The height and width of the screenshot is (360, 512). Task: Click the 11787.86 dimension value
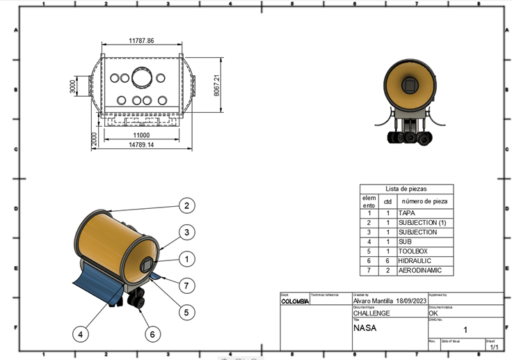point(141,41)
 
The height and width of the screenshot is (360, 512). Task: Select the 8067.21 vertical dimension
point(216,86)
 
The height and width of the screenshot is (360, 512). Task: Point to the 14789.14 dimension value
point(141,145)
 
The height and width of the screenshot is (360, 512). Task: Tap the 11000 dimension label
point(141,135)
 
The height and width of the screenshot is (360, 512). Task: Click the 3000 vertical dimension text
point(72,88)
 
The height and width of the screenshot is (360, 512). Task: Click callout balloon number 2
point(186,205)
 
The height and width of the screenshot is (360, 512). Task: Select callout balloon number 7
point(186,285)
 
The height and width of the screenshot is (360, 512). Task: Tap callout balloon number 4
point(81,334)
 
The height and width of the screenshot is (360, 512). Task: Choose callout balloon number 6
point(152,334)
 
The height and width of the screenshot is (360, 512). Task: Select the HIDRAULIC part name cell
point(415,261)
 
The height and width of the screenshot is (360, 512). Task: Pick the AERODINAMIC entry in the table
point(419,271)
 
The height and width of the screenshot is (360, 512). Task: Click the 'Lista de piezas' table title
point(406,189)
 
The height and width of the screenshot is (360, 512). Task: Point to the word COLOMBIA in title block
point(295,302)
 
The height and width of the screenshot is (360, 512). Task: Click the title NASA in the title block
point(365,327)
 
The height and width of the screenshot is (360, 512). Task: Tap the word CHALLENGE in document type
point(371,313)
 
